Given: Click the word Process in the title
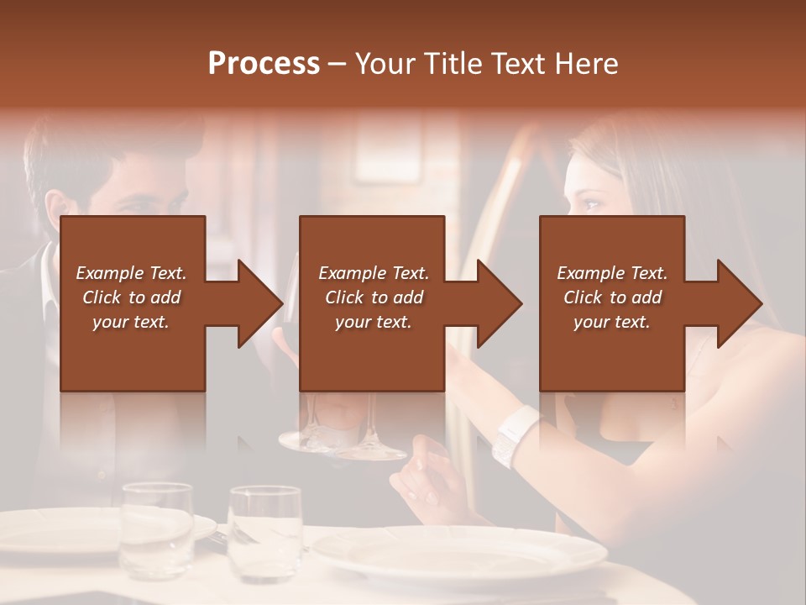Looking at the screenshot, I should tap(264, 63).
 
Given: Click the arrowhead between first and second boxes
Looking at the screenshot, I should tap(260, 303).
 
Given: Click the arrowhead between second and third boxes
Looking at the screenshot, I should tap(500, 303).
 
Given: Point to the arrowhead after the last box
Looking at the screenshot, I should tap(739, 303).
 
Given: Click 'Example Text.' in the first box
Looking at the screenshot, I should tap(131, 273).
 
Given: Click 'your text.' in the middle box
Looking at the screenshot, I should tap(373, 322).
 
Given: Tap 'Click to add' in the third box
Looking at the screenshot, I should tap(612, 297).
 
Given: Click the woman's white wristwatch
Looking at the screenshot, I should tap(514, 435).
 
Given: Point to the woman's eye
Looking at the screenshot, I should tap(589, 204).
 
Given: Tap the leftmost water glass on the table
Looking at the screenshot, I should tap(155, 529).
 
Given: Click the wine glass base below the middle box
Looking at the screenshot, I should tap(369, 451).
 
